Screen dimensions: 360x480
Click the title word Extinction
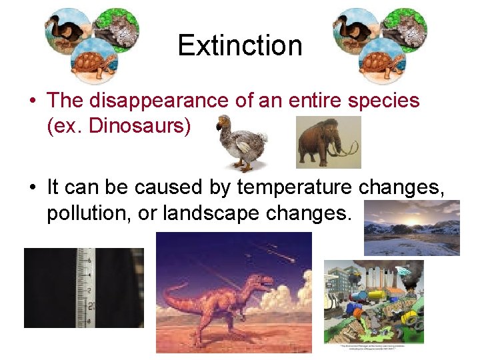coord(240,45)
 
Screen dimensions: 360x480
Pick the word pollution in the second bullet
coord(83,213)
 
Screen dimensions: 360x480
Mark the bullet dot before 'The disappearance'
coord(32,101)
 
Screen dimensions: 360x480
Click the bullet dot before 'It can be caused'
coord(32,188)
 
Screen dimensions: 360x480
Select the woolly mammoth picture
coord(328,142)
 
